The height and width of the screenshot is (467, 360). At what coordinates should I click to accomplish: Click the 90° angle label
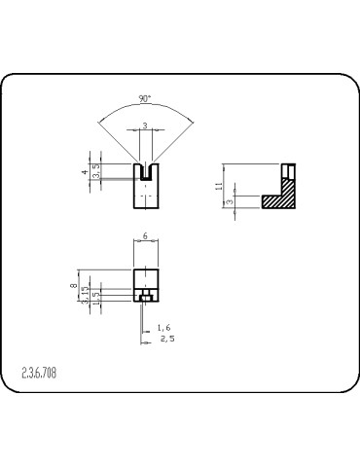[x=144, y=99]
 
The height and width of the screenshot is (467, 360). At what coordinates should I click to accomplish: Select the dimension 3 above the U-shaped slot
[x=145, y=126]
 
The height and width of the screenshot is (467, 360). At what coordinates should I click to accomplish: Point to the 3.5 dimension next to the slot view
[x=95, y=171]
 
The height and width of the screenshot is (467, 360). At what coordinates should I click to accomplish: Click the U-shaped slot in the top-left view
[x=145, y=172]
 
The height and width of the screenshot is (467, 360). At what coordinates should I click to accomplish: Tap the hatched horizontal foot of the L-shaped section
[x=277, y=201]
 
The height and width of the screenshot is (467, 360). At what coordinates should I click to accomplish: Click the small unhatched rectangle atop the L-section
[x=288, y=169]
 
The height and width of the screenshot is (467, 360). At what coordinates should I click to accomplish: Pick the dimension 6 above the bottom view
[x=145, y=236]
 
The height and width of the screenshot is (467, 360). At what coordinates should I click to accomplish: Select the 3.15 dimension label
[x=86, y=295]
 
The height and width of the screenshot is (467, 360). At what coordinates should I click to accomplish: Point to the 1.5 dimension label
[x=95, y=297]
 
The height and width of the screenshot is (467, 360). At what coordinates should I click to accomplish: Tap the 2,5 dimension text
[x=167, y=339]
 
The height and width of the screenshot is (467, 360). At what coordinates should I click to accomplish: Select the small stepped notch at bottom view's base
[x=145, y=296]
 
